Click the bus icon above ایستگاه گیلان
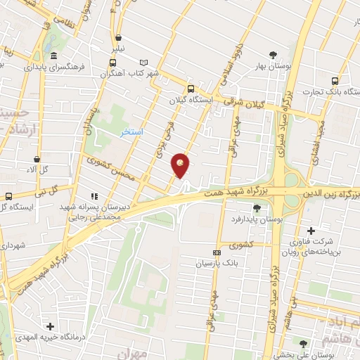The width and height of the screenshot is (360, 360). click(191, 89)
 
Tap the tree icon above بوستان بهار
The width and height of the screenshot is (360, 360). click(273, 54)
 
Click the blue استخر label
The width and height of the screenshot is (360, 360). click(131, 132)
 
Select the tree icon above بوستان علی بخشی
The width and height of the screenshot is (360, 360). click(302, 344)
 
